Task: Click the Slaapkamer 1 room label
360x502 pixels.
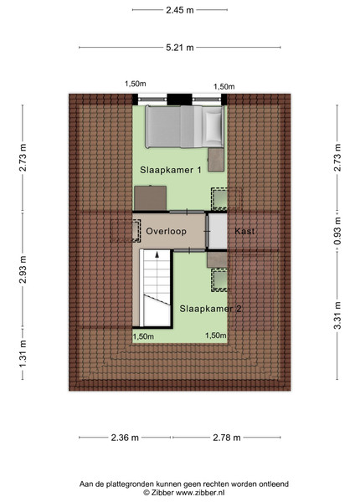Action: coord(171,170)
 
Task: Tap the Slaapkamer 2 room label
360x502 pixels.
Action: coord(210,309)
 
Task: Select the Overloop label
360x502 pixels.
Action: coord(166,231)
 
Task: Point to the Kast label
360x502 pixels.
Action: coord(244,231)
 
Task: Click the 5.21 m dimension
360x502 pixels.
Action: coord(180,48)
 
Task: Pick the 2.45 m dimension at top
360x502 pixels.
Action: coord(180,10)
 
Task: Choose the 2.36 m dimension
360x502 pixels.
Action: coord(125,438)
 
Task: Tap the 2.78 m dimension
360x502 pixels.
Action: coord(227,438)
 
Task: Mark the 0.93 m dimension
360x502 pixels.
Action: coord(337,231)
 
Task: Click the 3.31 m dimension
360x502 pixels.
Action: coord(337,315)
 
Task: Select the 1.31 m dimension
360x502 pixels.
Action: coord(23,354)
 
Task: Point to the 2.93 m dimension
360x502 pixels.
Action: coord(23,269)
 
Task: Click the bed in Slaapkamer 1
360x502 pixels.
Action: coord(184,126)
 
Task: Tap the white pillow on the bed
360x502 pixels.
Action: coord(213,126)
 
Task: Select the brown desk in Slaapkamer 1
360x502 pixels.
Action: coord(150,197)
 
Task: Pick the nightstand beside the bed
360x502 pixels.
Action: coord(216,160)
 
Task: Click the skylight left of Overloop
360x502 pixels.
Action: coord(126,231)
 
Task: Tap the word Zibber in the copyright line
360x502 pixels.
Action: coord(162,493)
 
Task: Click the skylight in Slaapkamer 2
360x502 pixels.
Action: coord(219,280)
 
